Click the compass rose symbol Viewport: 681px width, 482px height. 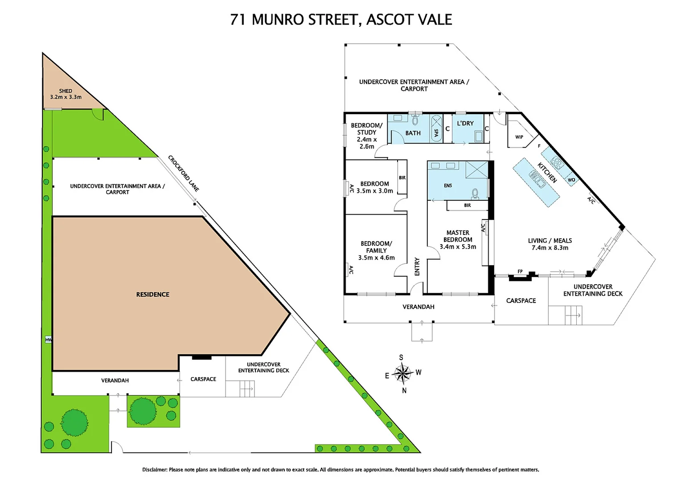point(402,374)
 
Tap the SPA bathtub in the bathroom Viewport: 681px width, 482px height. point(436,129)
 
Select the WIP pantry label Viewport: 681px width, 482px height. point(519,137)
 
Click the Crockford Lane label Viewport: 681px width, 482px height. point(183,173)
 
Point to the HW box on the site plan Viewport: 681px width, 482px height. point(48,340)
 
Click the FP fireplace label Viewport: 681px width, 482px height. point(520,271)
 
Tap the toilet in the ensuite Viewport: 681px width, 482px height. point(475,193)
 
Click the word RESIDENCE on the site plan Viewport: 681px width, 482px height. point(152,295)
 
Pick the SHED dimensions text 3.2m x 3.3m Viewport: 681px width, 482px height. point(66,97)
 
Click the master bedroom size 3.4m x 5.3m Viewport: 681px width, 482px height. point(458,247)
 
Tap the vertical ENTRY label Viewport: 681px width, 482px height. point(417,266)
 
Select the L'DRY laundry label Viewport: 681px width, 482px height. point(465,123)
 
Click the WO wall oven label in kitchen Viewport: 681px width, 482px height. point(571,180)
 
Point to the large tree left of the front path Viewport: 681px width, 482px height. point(74,422)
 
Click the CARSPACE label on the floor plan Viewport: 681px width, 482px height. point(521,301)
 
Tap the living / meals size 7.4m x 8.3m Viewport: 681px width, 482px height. point(550,248)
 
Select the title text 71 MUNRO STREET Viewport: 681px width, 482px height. point(295,20)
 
